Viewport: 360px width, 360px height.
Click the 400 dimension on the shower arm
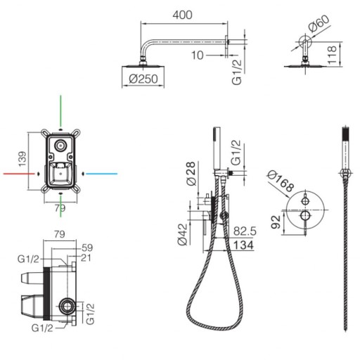tap(183, 15)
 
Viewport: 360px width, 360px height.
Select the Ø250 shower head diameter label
tap(143, 79)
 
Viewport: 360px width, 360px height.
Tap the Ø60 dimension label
tap(319, 23)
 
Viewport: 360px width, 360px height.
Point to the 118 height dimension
tap(332, 55)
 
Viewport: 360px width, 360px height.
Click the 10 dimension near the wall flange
tap(197, 56)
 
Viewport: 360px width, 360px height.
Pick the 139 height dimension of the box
tap(22, 160)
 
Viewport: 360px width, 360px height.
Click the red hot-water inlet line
tap(19, 174)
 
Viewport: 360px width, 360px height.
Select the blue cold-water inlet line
tap(101, 174)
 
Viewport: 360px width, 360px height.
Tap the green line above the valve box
tap(60, 110)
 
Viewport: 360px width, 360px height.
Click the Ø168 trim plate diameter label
tap(281, 181)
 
